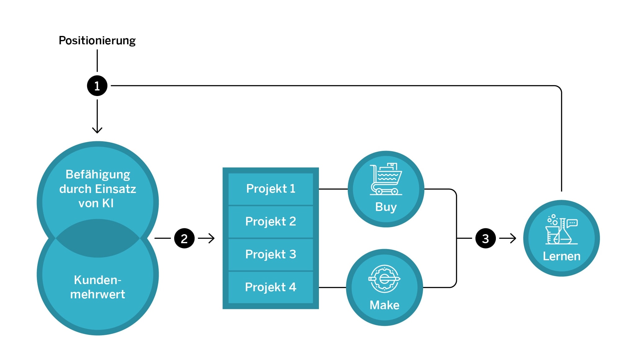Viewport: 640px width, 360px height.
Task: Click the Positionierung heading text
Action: click(97, 41)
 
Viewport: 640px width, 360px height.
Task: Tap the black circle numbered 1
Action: click(97, 86)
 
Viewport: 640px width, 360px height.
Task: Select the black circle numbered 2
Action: click(184, 238)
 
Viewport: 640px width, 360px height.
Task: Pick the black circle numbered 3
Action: click(485, 238)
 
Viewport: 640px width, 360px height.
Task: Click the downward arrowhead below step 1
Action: click(97, 130)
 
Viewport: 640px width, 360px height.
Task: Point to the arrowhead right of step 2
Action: click(212, 238)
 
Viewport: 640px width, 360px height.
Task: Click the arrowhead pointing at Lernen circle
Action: click(513, 238)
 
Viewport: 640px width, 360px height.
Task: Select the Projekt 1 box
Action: click(271, 189)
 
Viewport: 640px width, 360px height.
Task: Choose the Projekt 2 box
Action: click(271, 222)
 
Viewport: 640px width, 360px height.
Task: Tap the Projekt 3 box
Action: click(271, 254)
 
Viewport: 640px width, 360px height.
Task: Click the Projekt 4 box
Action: click(271, 287)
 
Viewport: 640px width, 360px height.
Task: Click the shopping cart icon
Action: click(386, 179)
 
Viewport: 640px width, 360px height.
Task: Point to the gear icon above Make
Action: click(384, 279)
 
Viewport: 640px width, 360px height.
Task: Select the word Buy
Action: click(386, 207)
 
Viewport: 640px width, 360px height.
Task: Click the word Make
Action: click(384, 305)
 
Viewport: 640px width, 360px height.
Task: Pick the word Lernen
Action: click(561, 256)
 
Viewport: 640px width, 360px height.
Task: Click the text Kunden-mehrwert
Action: click(98, 287)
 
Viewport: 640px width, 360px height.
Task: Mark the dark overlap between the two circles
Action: click(98, 238)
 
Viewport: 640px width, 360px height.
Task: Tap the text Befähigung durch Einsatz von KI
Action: click(98, 189)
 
